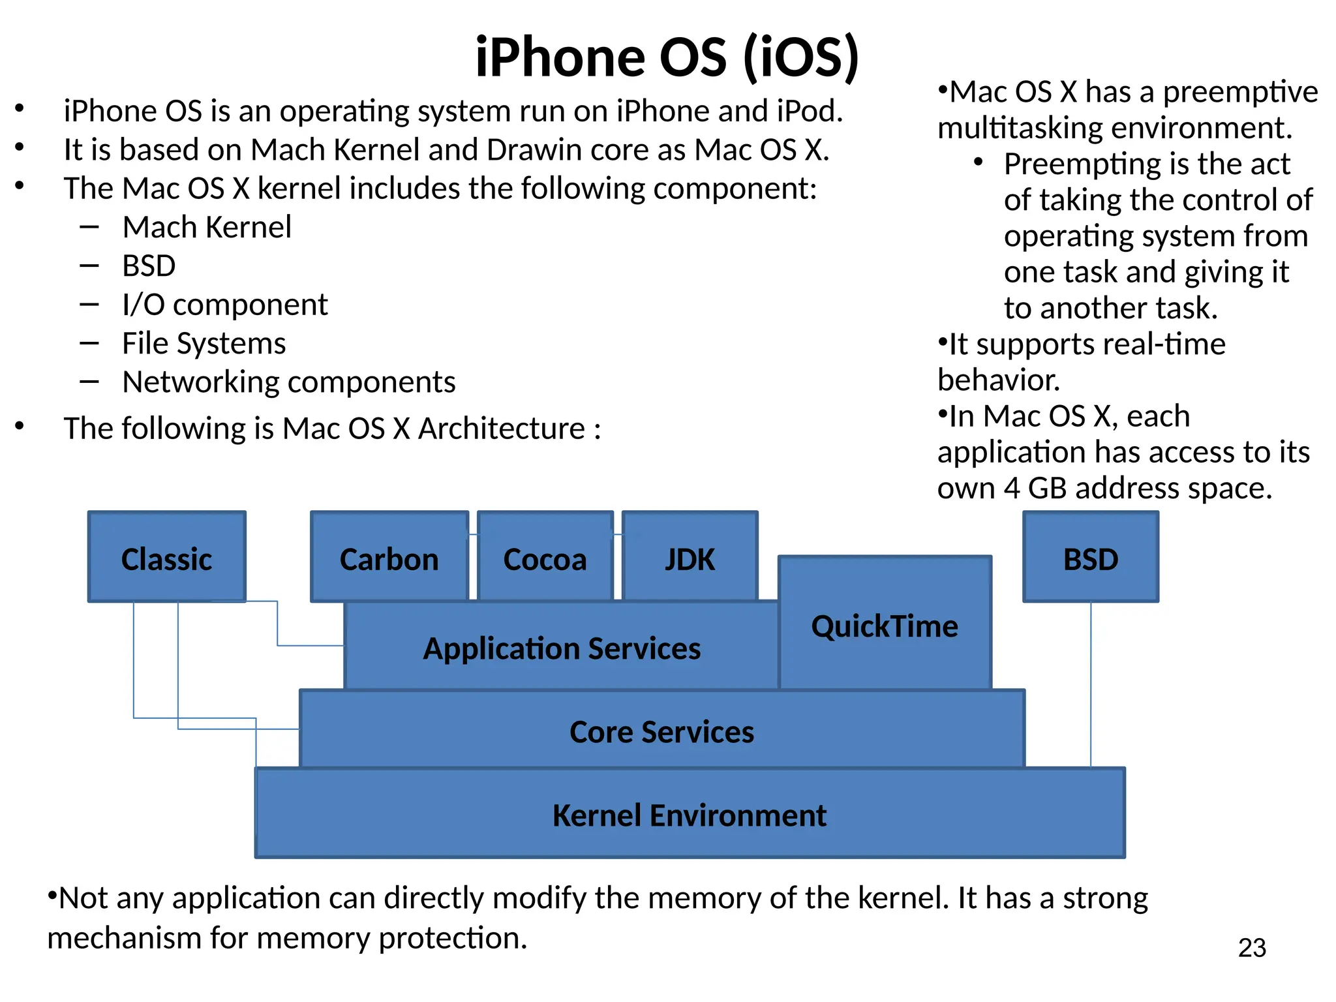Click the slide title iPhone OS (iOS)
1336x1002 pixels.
coord(667,57)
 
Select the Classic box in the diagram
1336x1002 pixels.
coord(166,558)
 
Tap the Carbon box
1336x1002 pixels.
coord(389,558)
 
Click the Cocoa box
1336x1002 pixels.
coord(545,558)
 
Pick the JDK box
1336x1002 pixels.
coord(690,558)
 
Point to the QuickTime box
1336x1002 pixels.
coord(885,625)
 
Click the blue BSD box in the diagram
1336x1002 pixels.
coord(1090,558)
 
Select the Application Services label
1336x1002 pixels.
coord(562,648)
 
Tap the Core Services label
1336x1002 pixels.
coord(661,731)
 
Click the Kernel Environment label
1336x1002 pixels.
coord(689,815)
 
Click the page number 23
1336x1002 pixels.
coord(1251,947)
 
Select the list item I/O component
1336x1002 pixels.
coord(224,305)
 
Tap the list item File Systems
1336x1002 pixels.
coord(204,343)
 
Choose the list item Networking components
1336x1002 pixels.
coord(288,382)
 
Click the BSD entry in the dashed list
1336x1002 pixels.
coord(149,266)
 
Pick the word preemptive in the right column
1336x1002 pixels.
coord(1240,93)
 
